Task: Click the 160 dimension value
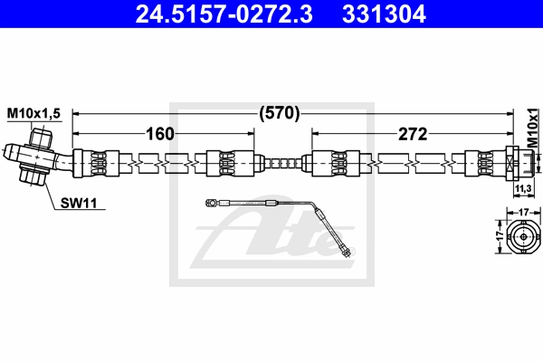160,135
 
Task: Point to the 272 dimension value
412,135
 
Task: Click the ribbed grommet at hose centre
282,164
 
